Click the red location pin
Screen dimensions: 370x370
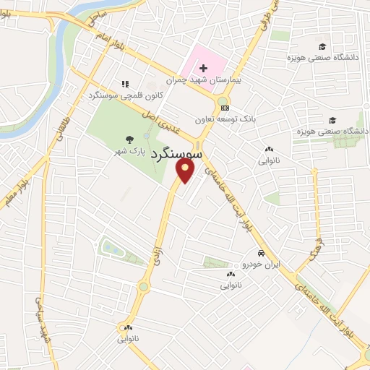coord(185,171)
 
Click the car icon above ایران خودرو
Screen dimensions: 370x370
coord(261,254)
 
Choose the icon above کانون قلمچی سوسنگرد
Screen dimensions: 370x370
coord(125,84)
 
